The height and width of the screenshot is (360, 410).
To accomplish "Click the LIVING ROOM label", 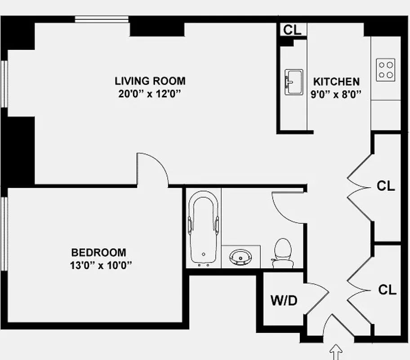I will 150,81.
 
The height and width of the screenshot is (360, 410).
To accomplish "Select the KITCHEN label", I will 336,82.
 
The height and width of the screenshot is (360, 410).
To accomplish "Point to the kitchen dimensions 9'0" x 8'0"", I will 336,94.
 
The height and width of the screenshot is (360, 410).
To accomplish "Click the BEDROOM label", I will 99,252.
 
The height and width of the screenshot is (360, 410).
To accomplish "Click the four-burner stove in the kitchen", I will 386,70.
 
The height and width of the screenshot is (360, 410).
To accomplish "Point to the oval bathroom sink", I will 241,257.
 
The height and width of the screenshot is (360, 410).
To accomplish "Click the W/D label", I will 284,301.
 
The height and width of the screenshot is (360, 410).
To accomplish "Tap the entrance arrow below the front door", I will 336,352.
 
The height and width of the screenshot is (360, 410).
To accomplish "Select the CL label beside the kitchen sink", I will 292,30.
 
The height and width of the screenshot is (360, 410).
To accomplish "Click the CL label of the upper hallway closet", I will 386,186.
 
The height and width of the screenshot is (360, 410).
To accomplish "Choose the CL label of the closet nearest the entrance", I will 387,290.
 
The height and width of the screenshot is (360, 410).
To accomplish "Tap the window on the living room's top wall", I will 102,19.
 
